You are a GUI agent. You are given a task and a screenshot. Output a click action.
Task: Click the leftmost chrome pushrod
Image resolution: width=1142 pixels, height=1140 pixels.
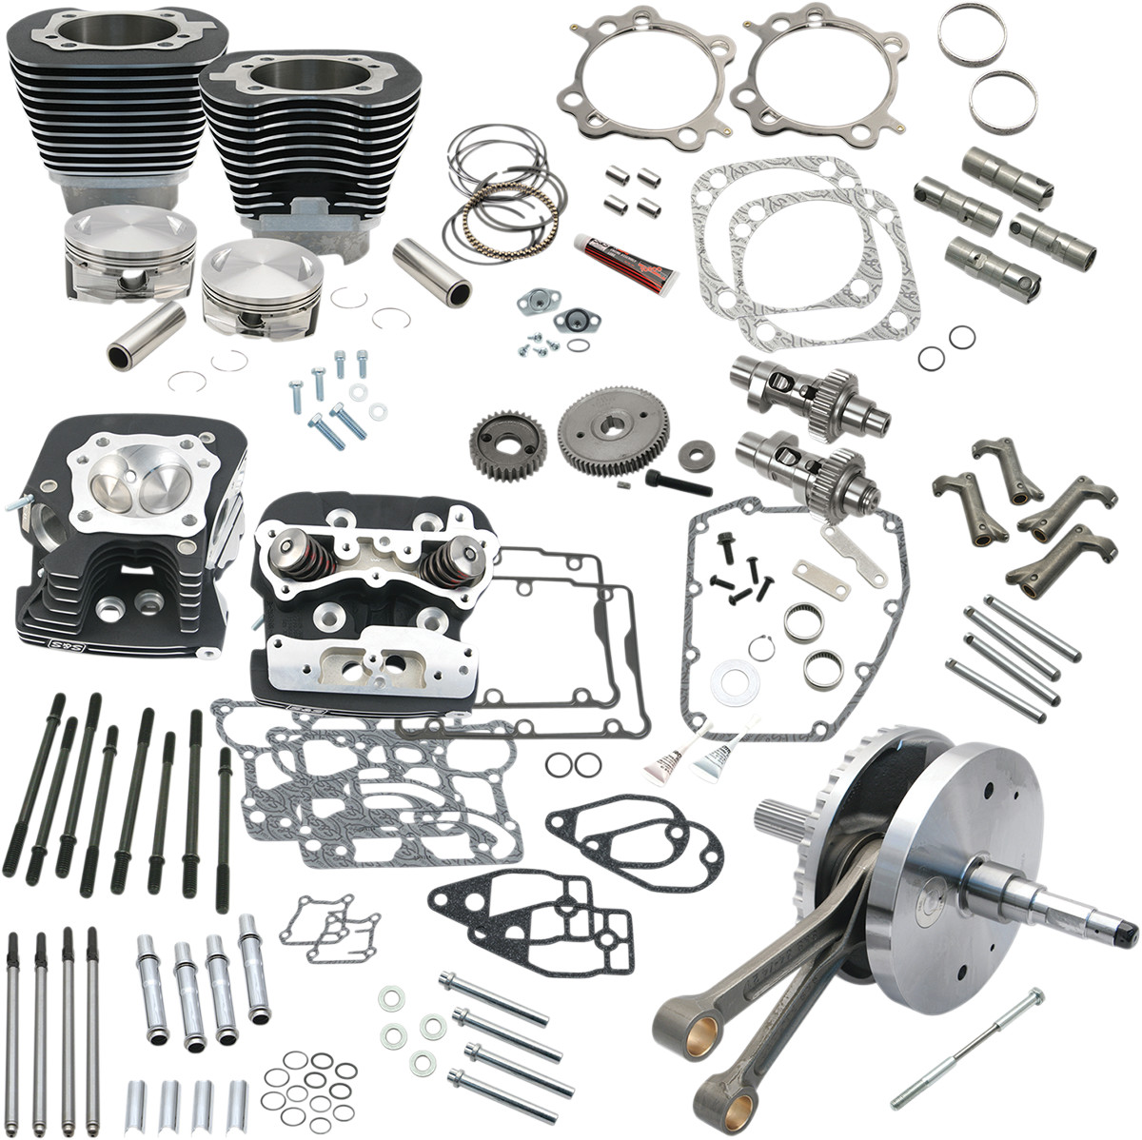tap(13, 1018)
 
